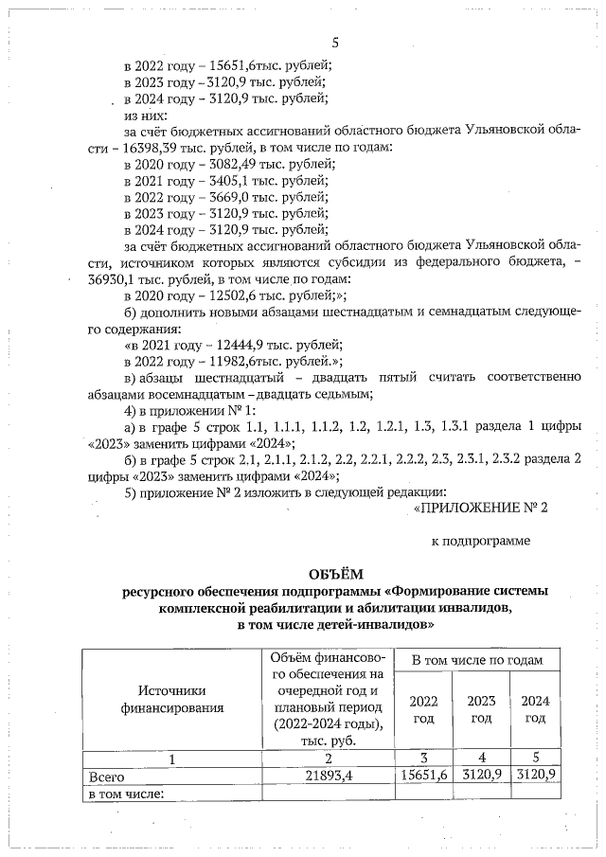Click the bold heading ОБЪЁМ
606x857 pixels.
(335, 574)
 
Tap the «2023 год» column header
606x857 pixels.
(482, 709)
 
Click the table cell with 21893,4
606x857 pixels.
(327, 777)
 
